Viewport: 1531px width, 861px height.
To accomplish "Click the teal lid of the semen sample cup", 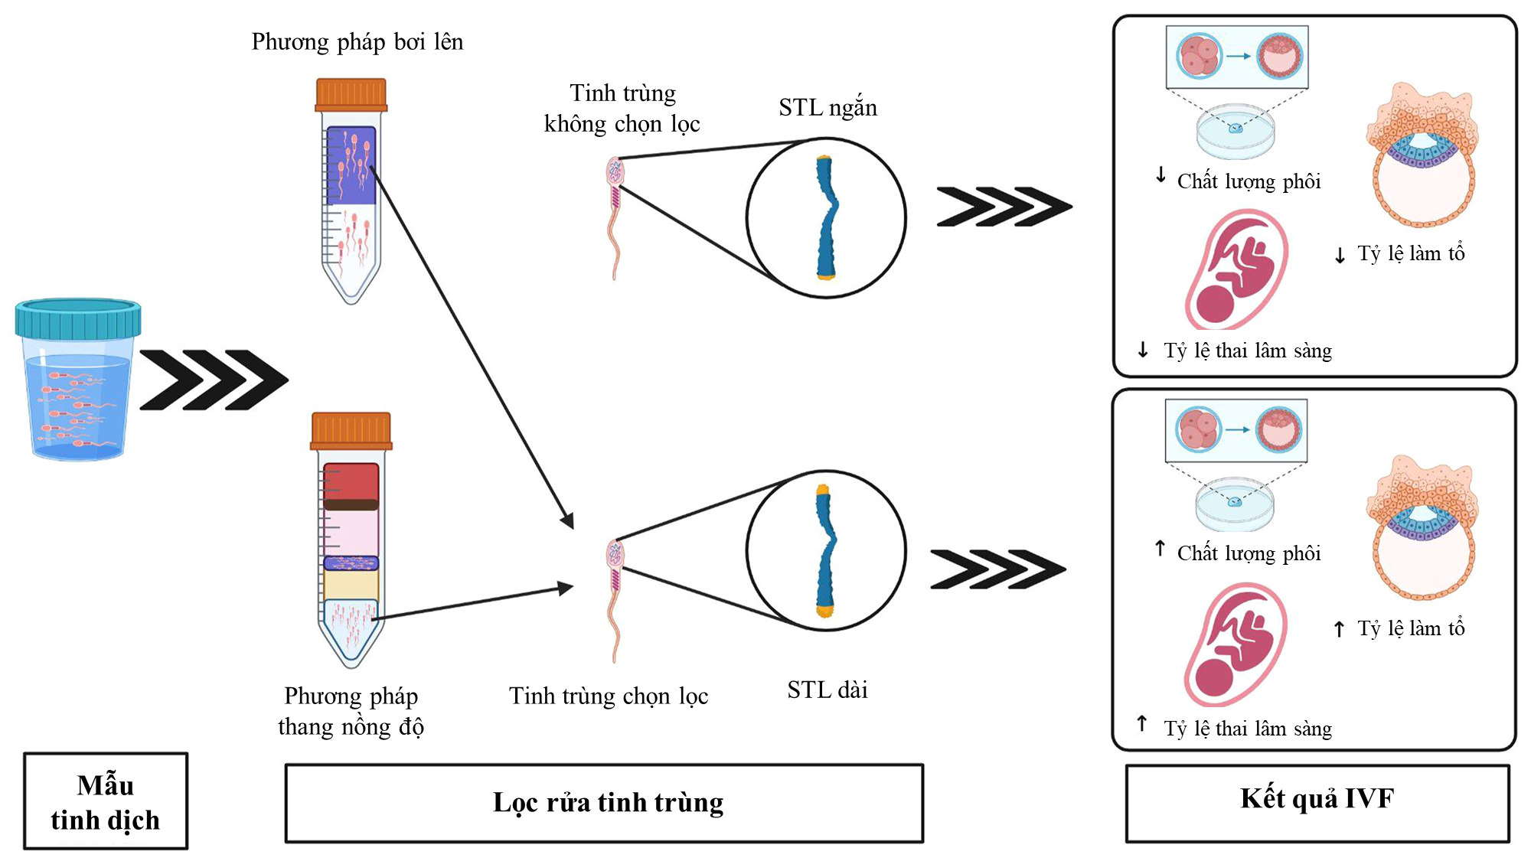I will (78, 319).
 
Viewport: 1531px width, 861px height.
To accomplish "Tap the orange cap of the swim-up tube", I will (351, 95).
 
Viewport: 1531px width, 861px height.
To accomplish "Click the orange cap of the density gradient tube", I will (351, 430).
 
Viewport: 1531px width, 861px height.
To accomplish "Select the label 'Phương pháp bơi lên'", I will (357, 42).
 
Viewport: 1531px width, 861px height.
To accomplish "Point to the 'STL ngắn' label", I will (828, 108).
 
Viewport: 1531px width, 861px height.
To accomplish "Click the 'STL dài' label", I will (828, 690).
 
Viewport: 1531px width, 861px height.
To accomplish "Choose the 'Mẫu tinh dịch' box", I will (106, 801).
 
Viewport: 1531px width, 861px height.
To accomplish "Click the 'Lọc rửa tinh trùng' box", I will (604, 803).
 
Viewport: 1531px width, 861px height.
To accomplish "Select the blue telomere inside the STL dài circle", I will (825, 551).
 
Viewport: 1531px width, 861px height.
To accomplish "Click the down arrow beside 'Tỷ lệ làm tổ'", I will (1340, 256).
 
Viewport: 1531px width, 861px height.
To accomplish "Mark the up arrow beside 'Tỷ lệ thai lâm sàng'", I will (1142, 723).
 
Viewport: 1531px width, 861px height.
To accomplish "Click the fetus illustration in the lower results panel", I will (1237, 644).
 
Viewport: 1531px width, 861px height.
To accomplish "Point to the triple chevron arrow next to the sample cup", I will (214, 380).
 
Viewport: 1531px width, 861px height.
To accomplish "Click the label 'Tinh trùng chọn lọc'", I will (609, 696).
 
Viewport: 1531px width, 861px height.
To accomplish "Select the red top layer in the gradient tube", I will (351, 482).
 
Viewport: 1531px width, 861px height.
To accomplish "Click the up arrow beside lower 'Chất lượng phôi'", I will (1160, 549).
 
